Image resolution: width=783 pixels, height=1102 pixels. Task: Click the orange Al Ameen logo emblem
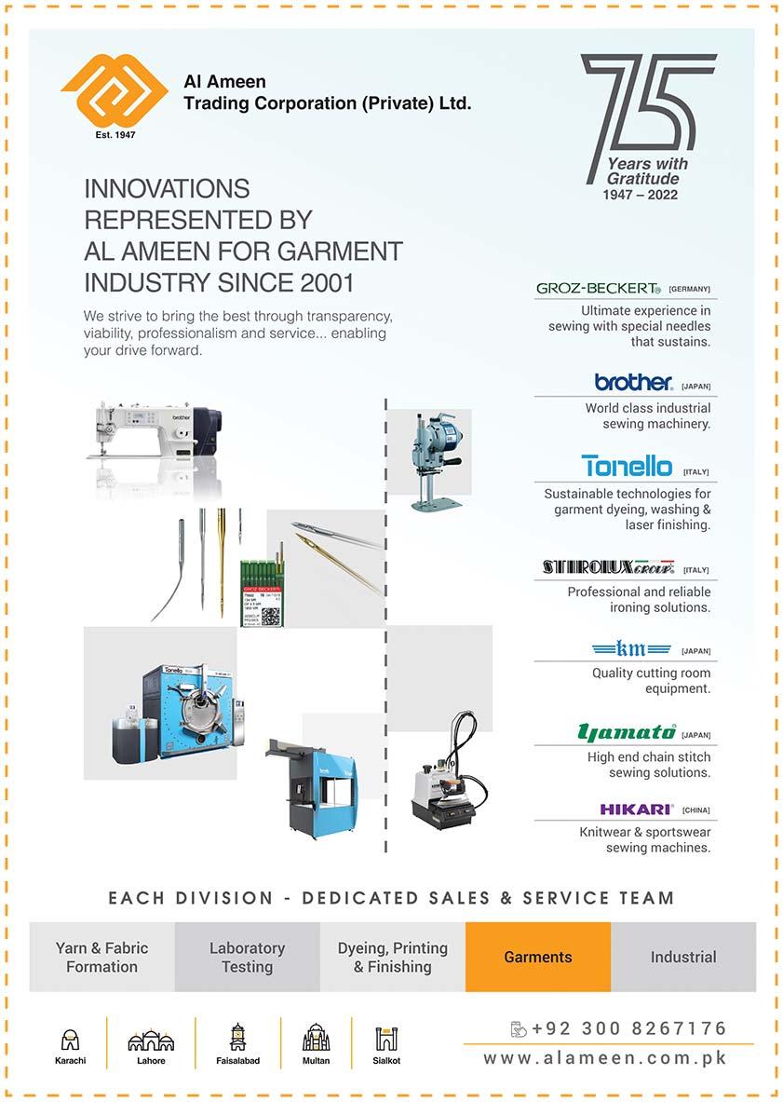pos(115,89)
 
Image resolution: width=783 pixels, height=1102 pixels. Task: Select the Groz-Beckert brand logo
pos(598,289)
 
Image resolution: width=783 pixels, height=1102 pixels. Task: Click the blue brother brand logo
pos(633,382)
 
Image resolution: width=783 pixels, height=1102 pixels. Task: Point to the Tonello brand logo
pos(627,466)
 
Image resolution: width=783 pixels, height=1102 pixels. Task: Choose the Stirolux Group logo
pos(608,567)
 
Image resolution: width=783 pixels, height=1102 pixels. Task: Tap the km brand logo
pos(631,648)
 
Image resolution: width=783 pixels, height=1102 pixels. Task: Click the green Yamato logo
pos(627,732)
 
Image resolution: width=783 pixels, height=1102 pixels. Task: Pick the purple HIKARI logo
pos(637,809)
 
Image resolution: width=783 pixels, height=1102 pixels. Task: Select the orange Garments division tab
pos(538,957)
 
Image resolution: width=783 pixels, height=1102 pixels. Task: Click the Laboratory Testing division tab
pos(247,957)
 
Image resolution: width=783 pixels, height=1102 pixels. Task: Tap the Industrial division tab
pos(683,957)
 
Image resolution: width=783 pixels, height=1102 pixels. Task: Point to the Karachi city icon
pos(70,1040)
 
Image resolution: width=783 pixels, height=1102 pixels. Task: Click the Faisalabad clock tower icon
pos(237,1038)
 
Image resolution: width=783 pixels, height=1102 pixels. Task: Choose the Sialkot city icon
pos(386,1040)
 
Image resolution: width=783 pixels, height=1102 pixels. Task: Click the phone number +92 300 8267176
pos(628,1029)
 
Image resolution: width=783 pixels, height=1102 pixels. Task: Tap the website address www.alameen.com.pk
pos(605,1058)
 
